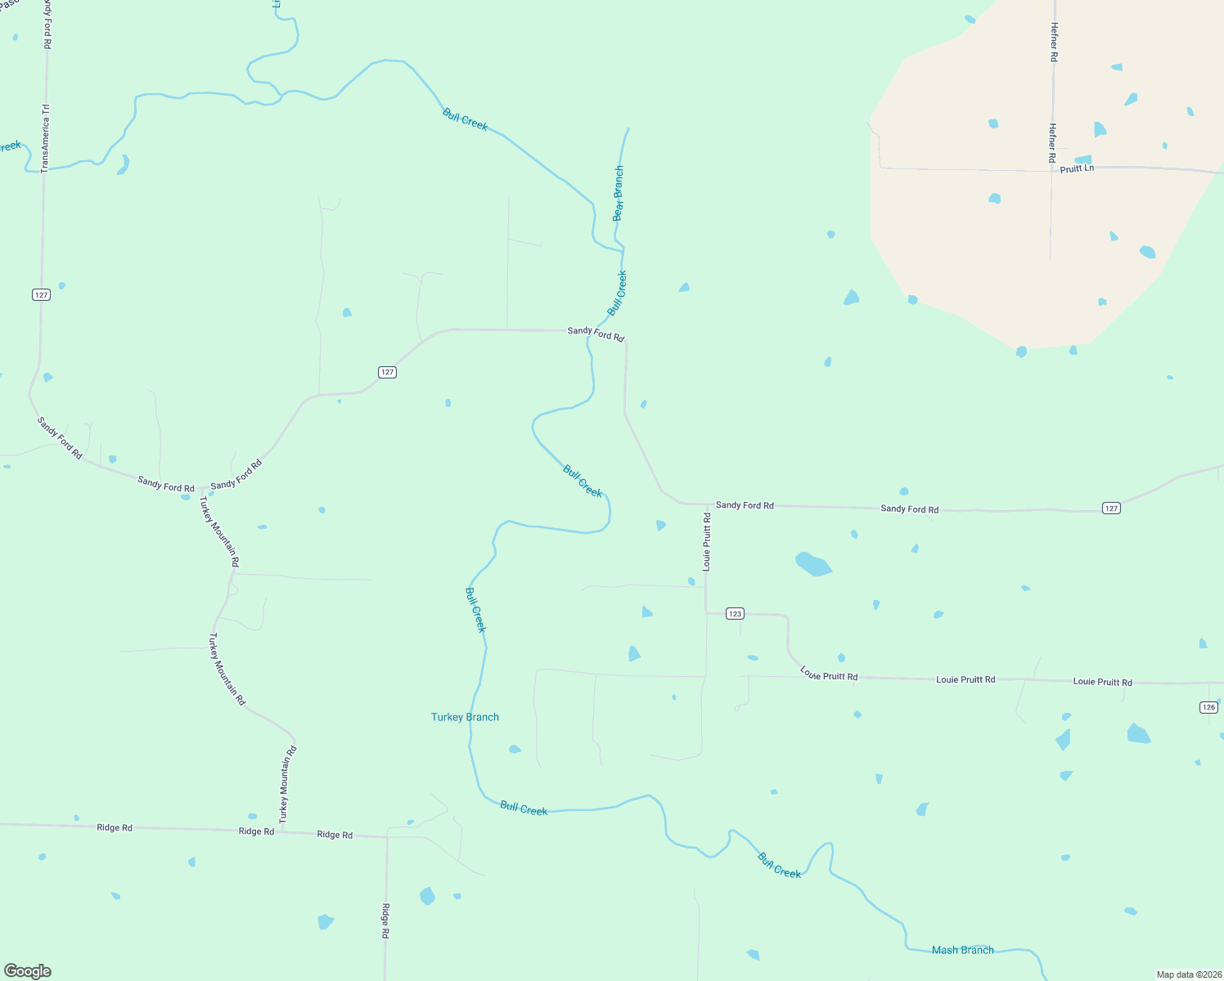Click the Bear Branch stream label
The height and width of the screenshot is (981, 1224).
pyautogui.click(x=619, y=194)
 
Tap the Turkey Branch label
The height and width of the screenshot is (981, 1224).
pyautogui.click(x=465, y=717)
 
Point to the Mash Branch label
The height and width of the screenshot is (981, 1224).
pyautogui.click(x=962, y=950)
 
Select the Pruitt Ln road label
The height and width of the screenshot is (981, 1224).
pyautogui.click(x=1076, y=168)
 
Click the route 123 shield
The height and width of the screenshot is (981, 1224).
pyautogui.click(x=735, y=613)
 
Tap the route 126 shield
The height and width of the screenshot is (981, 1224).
pyautogui.click(x=1208, y=707)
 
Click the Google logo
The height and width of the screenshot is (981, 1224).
pyautogui.click(x=28, y=970)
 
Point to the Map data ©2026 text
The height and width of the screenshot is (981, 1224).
pyautogui.click(x=1188, y=974)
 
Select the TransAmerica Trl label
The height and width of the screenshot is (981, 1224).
pyautogui.click(x=46, y=138)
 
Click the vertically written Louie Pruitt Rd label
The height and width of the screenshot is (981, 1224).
pyautogui.click(x=707, y=541)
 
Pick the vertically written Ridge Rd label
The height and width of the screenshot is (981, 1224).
pyautogui.click(x=385, y=921)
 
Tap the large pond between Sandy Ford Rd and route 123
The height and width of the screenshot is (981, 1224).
pyautogui.click(x=812, y=564)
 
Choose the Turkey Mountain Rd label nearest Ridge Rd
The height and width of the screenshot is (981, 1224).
pyautogui.click(x=286, y=784)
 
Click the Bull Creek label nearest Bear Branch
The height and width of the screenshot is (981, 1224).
pyautogui.click(x=617, y=293)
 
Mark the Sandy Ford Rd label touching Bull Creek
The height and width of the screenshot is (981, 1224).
pyautogui.click(x=596, y=334)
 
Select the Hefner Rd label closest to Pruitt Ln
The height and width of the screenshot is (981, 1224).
pyautogui.click(x=1052, y=142)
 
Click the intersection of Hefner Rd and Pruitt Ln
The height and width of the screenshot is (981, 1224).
pyautogui.click(x=1051, y=171)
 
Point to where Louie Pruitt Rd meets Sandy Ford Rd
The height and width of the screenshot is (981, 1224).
pyautogui.click(x=706, y=505)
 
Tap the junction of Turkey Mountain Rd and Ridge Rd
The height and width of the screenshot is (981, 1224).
pyautogui.click(x=282, y=831)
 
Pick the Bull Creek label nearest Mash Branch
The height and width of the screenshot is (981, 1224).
pyautogui.click(x=779, y=866)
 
